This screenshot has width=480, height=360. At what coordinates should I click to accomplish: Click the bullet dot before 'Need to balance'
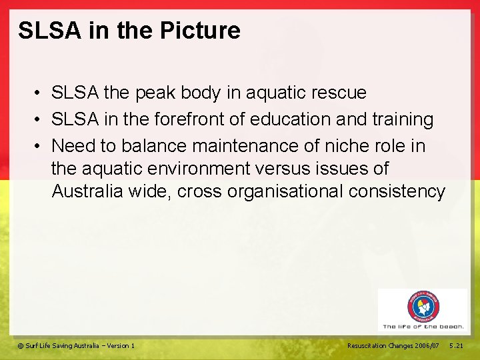pos(41,146)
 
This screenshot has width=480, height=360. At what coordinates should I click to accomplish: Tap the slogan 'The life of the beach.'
pos(423,327)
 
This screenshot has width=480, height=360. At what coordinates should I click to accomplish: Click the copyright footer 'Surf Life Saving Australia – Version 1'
pos(76,345)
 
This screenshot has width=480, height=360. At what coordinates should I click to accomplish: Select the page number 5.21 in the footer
pos(457,345)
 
